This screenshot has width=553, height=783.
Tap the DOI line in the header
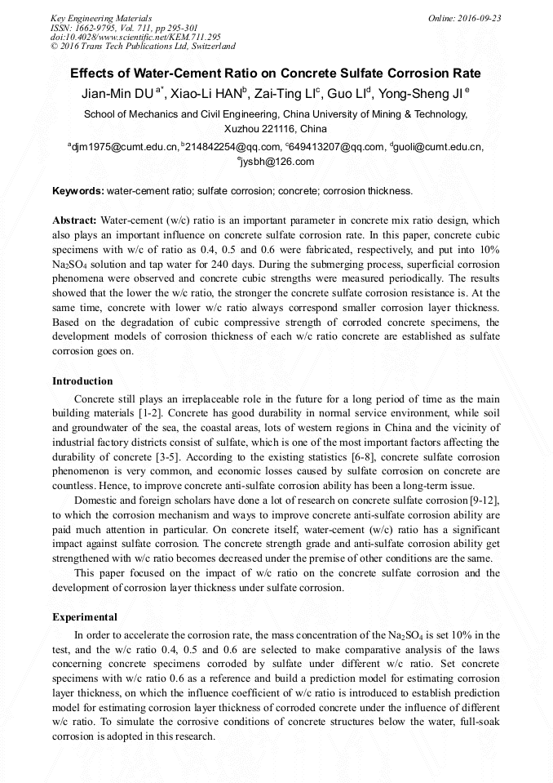tap(135, 37)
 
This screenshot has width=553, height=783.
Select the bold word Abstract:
tap(75, 220)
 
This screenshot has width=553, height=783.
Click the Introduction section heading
tap(82, 381)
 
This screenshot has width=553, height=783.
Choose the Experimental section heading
tap(85, 617)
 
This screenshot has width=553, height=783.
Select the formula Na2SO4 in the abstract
tap(69, 265)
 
